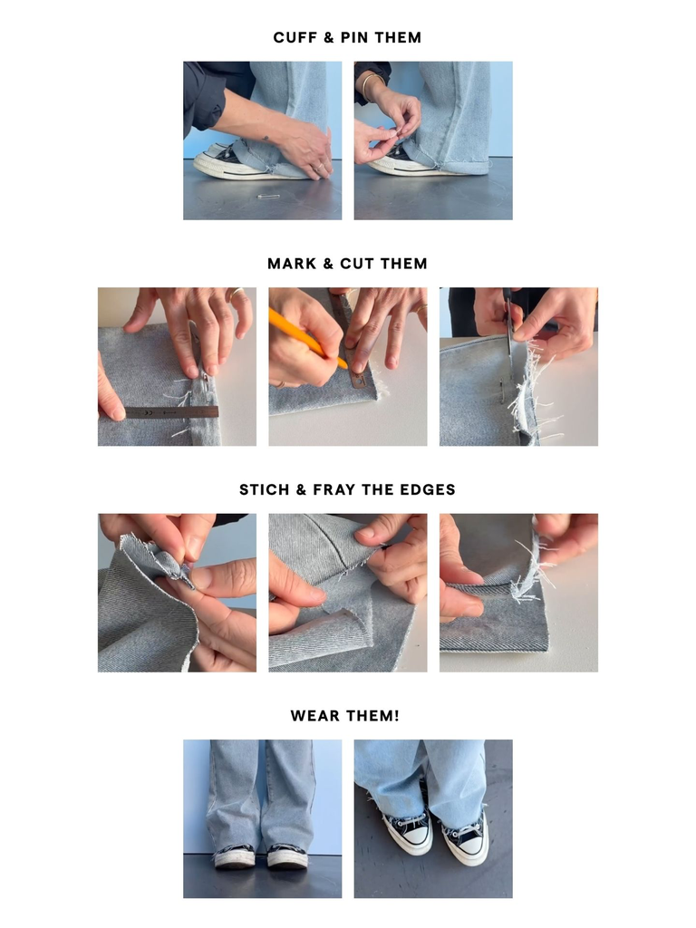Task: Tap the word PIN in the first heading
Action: [x=360, y=38]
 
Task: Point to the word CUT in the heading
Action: [x=357, y=264]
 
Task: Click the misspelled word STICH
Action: [x=263, y=489]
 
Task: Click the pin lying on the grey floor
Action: [x=267, y=196]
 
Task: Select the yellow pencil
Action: [x=304, y=336]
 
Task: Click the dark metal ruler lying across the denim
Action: [x=171, y=411]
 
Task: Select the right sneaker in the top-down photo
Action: [x=466, y=837]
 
